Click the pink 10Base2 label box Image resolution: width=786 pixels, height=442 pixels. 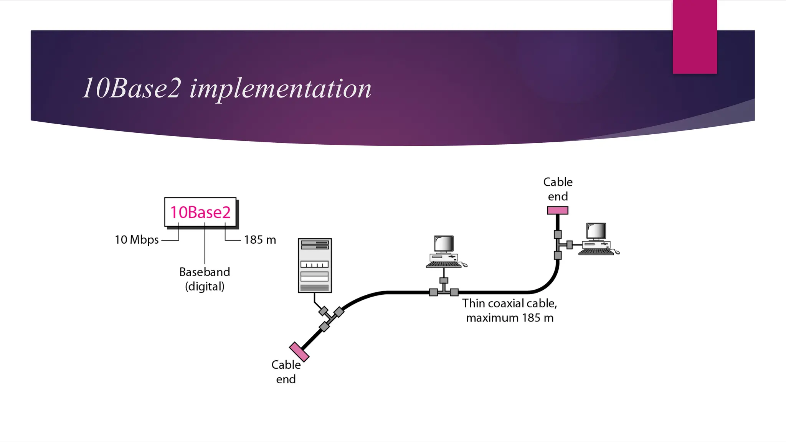coord(200,212)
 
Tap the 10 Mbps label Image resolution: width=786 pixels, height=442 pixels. coord(137,240)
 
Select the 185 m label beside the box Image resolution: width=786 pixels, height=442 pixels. coord(260,240)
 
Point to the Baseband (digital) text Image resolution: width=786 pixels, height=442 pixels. coord(205,279)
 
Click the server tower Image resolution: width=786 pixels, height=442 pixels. coord(315,265)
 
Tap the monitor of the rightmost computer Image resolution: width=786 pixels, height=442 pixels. coord(596,231)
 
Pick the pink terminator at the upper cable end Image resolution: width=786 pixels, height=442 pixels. coord(557,210)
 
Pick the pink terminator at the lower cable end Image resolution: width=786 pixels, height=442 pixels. coord(299,352)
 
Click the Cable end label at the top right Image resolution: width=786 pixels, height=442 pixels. coord(558,189)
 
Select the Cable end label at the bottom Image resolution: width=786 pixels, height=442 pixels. coord(286,372)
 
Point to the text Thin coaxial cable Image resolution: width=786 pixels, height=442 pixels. coord(509,303)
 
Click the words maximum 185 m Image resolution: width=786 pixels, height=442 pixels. coord(510,318)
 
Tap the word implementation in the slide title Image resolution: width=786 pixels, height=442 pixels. coord(280,89)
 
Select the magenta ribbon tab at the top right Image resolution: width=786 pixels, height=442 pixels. coord(695,36)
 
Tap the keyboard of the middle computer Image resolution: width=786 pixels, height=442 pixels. coord(444,264)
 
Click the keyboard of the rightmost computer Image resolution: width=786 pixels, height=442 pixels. coord(596,252)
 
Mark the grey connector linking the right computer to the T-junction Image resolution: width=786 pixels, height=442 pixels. coord(570,245)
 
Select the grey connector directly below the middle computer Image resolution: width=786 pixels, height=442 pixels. coord(444,280)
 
